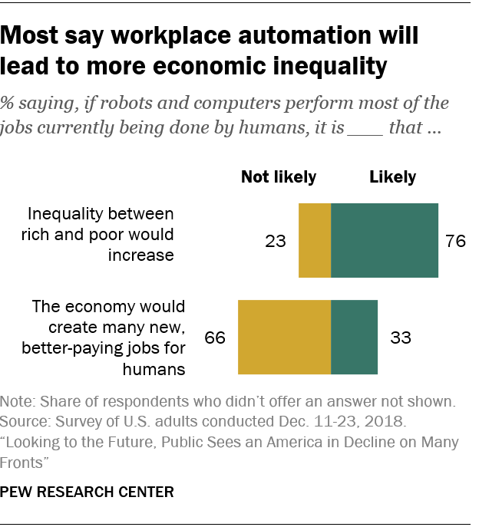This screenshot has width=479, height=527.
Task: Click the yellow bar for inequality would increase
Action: coord(315,240)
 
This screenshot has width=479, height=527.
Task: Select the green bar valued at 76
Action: coord(385,240)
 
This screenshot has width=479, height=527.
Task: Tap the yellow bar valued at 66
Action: coord(285,337)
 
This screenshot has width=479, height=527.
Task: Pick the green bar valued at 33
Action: coord(355,337)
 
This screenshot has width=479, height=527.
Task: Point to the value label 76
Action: coord(456,241)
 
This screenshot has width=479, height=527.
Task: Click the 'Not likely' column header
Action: coord(279,177)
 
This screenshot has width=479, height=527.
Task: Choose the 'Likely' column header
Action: coord(392,177)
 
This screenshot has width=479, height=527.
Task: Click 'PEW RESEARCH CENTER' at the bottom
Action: coord(87,491)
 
